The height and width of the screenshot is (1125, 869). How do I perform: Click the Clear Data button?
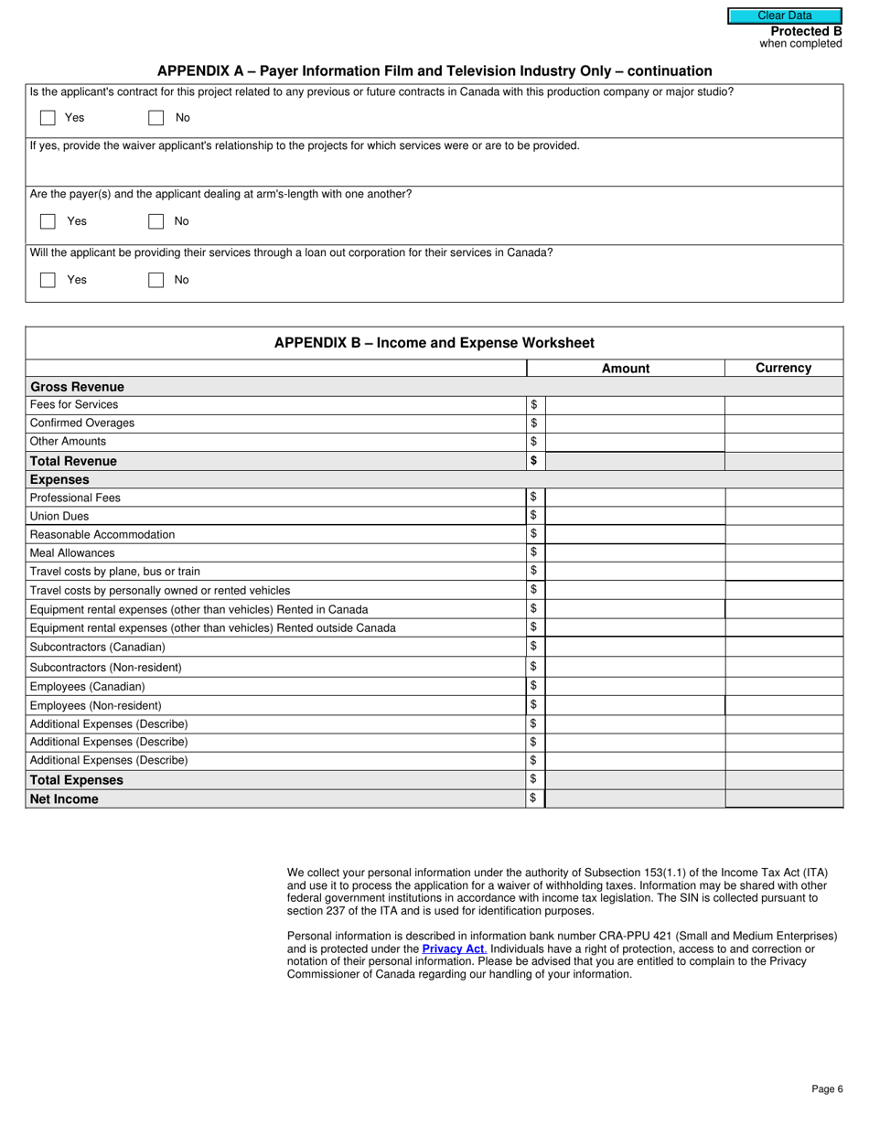pyautogui.click(x=784, y=16)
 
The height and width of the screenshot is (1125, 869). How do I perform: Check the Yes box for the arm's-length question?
pyautogui.click(x=48, y=221)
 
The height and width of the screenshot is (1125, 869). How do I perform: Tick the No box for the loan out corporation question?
pyautogui.click(x=156, y=280)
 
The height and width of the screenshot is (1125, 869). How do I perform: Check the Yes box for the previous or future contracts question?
pyautogui.click(x=48, y=118)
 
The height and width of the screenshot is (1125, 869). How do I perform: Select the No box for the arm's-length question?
pyautogui.click(x=156, y=221)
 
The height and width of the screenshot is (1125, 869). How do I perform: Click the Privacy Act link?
pyautogui.click(x=454, y=949)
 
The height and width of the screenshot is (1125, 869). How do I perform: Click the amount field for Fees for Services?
pyautogui.click(x=635, y=405)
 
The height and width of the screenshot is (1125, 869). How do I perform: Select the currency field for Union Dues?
pyautogui.click(x=783, y=516)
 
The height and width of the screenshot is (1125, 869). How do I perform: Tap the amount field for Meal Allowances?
pyautogui.click(x=635, y=553)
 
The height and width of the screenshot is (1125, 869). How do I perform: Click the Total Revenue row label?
pyautogui.click(x=73, y=461)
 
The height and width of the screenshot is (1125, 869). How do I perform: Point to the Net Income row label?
pyautogui.click(x=64, y=798)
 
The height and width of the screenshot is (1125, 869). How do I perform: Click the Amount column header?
pyautogui.click(x=626, y=369)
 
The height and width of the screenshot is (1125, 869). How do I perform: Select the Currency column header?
pyautogui.click(x=783, y=368)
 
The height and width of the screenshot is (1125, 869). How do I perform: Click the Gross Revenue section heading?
pyautogui.click(x=77, y=387)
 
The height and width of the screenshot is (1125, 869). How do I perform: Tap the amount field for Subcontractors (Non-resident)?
pyautogui.click(x=635, y=668)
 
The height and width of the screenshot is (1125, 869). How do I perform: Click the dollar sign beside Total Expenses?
pyautogui.click(x=533, y=779)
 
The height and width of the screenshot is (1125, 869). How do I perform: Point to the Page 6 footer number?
pyautogui.click(x=827, y=1089)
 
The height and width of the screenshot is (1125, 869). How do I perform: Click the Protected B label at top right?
pyautogui.click(x=806, y=31)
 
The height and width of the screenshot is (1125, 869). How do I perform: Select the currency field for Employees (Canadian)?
pyautogui.click(x=783, y=686)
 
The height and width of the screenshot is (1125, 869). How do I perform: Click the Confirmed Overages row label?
pyautogui.click(x=82, y=423)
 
